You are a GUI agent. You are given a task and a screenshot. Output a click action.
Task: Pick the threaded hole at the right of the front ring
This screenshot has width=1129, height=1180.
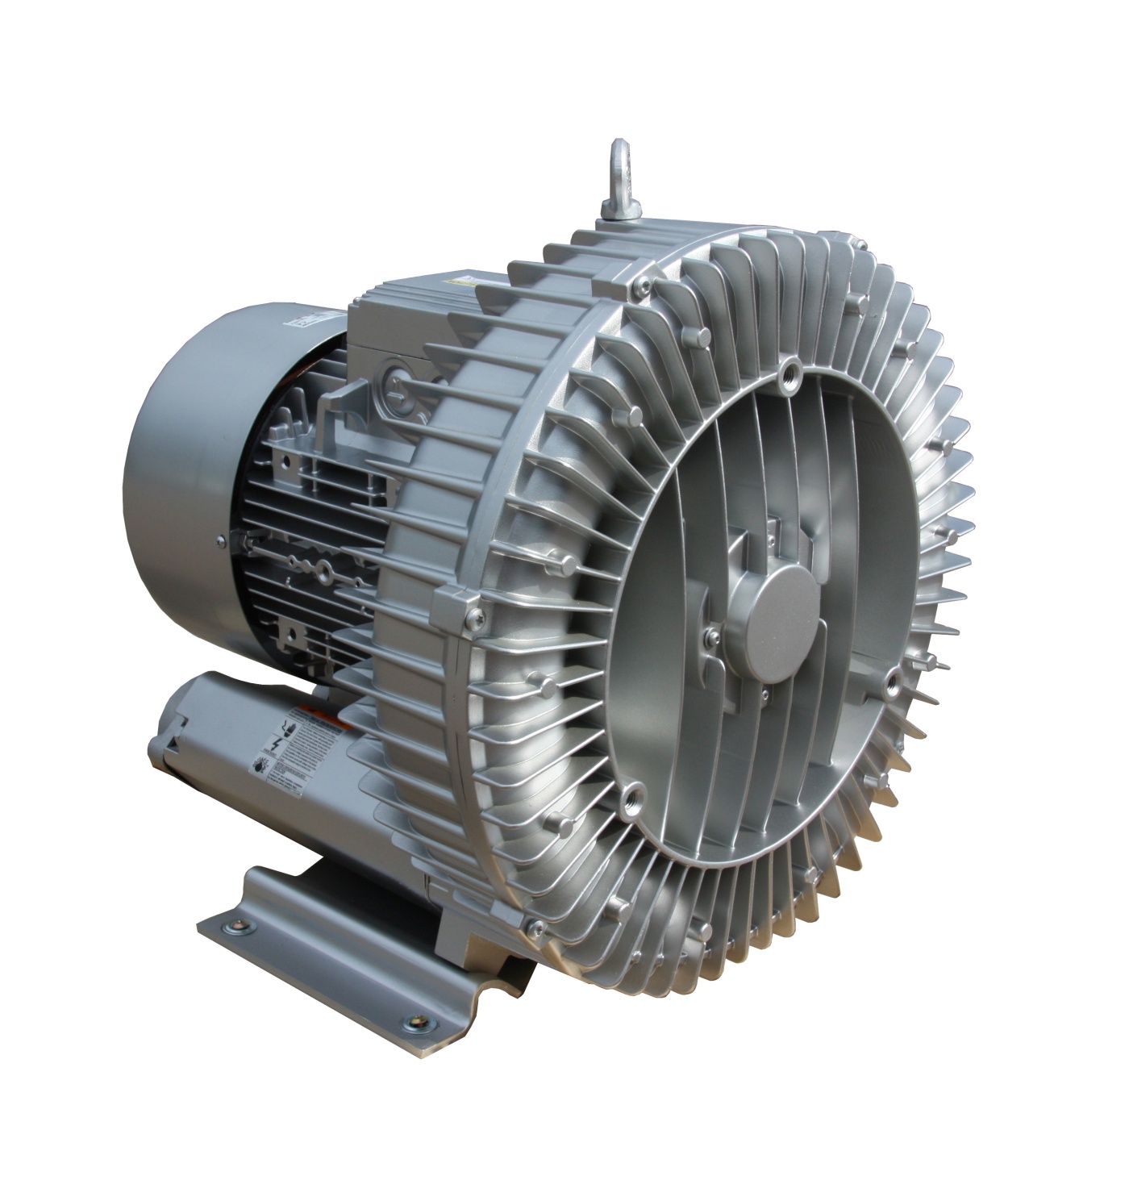click(892, 682)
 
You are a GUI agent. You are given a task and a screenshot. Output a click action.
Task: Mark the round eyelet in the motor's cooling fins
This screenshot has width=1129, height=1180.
click(323, 573)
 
